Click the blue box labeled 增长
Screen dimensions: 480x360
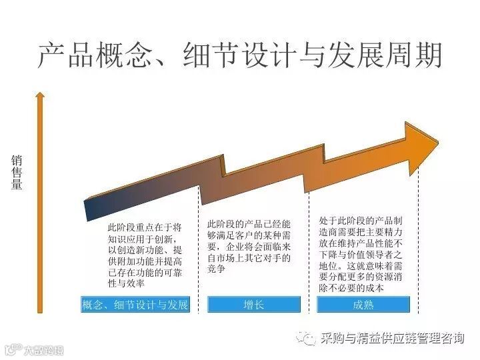(253, 305)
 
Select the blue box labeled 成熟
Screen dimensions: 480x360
(363, 305)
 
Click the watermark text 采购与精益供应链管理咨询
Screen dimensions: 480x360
(393, 339)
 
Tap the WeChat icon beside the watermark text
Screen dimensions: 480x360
(308, 339)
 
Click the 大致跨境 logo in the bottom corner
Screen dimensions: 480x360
(33, 349)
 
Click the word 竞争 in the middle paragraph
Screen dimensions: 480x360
(218, 269)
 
